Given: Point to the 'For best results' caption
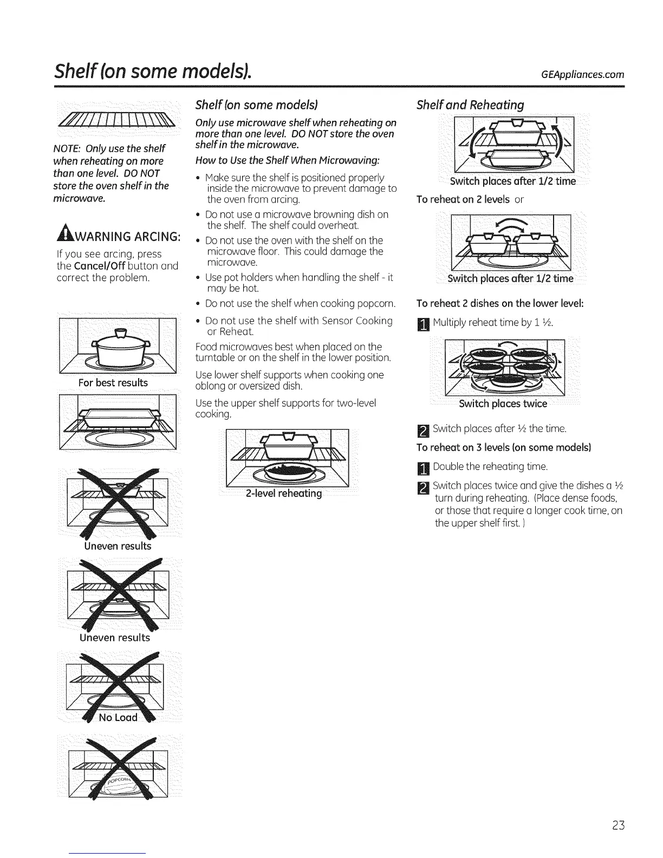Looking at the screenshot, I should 113,382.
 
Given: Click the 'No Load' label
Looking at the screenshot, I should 118,718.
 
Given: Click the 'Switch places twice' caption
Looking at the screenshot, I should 503,404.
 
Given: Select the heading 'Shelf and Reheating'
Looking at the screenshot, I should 470,105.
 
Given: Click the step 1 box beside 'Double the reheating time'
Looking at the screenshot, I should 422,467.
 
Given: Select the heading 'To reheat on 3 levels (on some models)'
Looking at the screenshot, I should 503,447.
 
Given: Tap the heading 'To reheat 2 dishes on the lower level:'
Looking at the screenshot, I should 499,303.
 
